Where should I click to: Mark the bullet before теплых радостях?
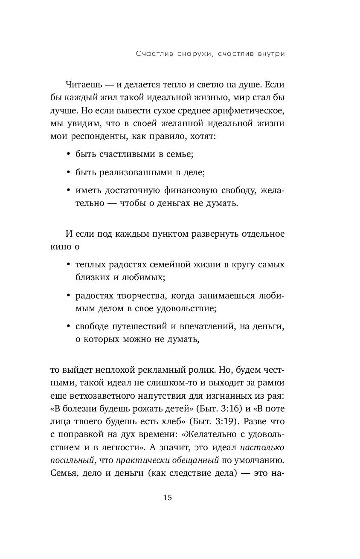tap(69, 265)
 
